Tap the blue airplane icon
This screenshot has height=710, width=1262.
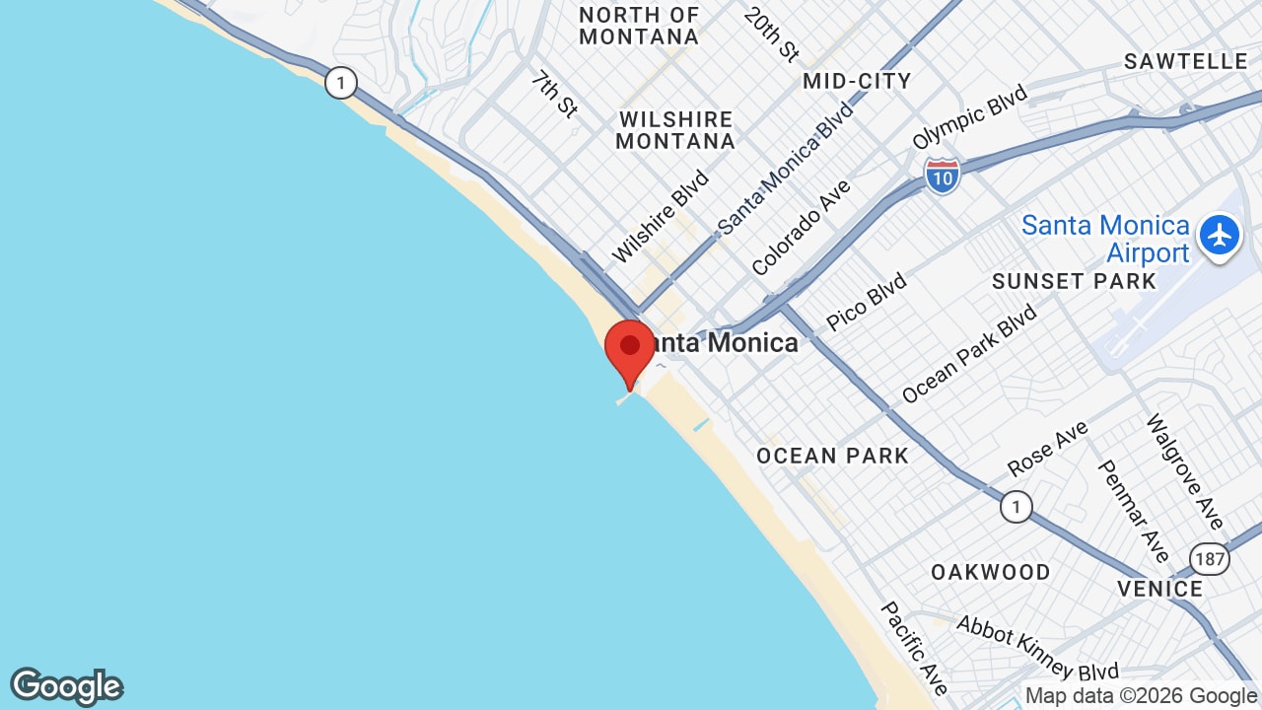[x=1220, y=237]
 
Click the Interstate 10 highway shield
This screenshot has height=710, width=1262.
[x=943, y=176]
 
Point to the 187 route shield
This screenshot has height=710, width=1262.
[x=1209, y=559]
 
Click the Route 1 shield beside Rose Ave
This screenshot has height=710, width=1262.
[x=1016, y=507]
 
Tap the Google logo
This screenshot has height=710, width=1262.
[x=66, y=686]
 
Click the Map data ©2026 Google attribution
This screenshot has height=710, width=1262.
[x=1141, y=695]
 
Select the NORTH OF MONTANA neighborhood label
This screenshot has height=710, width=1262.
[x=639, y=27]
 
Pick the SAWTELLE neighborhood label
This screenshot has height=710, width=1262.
[x=1186, y=61]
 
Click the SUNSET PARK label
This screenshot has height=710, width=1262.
[x=1074, y=281]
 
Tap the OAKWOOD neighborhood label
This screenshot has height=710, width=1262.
[x=991, y=572]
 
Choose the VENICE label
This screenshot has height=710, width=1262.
[x=1159, y=589]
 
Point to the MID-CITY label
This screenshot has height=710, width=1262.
[x=857, y=81]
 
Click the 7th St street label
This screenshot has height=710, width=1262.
[x=553, y=94]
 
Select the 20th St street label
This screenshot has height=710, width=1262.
[x=771, y=35]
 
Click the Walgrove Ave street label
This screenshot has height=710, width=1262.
[x=1183, y=471]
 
